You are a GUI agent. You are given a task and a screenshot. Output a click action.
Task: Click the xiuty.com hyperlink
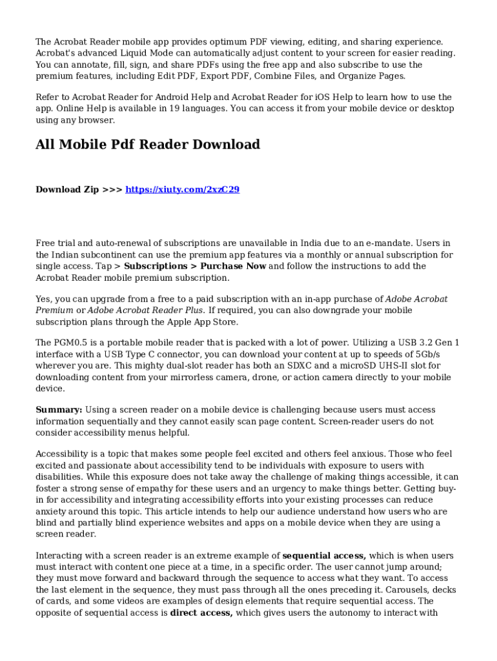(182, 189)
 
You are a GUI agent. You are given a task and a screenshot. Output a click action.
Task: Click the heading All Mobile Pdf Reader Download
(147, 144)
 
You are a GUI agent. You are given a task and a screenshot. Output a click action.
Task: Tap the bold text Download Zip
(67, 189)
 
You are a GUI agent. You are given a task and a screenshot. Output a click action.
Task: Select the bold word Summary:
(59, 410)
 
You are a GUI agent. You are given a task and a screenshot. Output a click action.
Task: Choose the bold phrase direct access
(201, 613)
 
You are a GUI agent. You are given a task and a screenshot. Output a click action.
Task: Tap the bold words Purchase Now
(233, 266)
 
